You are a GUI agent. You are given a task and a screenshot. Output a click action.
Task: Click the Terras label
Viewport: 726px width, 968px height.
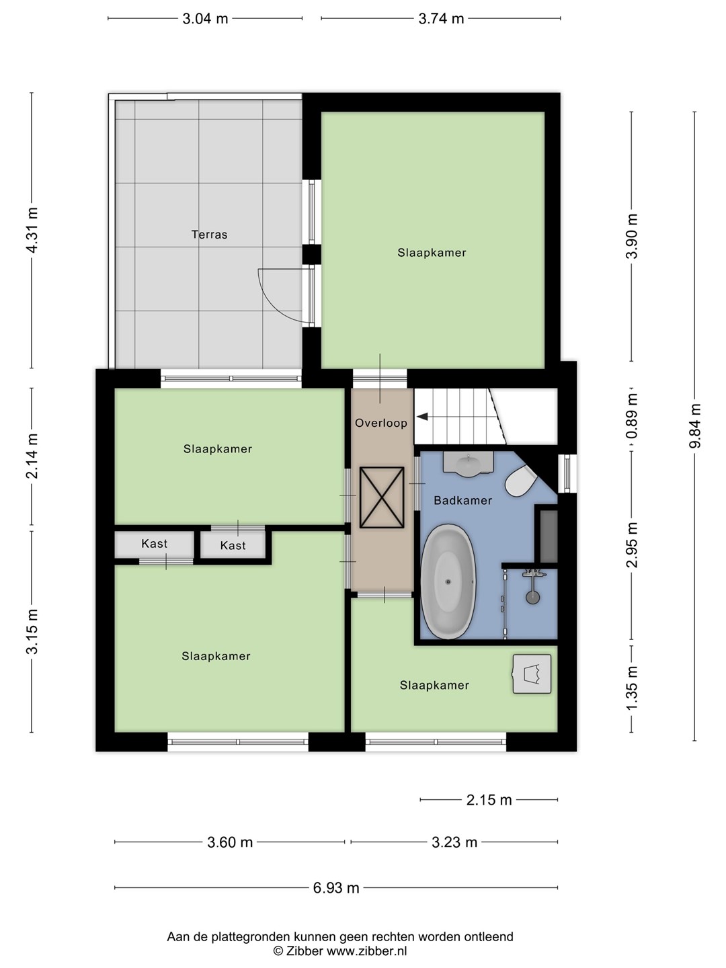pyautogui.click(x=209, y=234)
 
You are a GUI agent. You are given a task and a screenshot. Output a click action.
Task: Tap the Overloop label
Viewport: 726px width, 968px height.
pyautogui.click(x=381, y=423)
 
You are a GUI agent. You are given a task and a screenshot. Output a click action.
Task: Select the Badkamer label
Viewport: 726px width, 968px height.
pyautogui.click(x=463, y=500)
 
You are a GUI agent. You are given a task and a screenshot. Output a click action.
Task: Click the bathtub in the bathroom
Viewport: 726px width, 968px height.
pyautogui.click(x=448, y=581)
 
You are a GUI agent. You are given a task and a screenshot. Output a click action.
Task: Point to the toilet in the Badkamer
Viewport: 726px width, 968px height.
pyautogui.click(x=520, y=481)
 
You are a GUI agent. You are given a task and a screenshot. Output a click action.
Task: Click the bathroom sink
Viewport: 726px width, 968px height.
pyautogui.click(x=468, y=465)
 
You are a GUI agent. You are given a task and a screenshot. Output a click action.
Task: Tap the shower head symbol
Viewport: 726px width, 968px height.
pyautogui.click(x=533, y=597)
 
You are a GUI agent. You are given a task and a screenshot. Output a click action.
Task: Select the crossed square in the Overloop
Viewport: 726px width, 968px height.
pyautogui.click(x=382, y=497)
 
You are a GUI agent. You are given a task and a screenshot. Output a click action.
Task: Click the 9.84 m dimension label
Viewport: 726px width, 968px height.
pyautogui.click(x=694, y=426)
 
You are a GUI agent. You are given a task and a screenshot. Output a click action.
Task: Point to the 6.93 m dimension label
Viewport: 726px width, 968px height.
pyautogui.click(x=336, y=888)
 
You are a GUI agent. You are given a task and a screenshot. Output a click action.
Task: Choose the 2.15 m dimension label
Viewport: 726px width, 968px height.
pyautogui.click(x=489, y=799)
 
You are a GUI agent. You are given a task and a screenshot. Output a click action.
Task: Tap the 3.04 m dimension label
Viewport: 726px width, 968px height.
pyautogui.click(x=206, y=19)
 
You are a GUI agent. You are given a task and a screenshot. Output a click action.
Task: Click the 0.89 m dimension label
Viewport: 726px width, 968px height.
pyautogui.click(x=633, y=417)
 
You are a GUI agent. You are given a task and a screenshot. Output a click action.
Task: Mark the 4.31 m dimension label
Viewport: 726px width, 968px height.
pyautogui.click(x=32, y=230)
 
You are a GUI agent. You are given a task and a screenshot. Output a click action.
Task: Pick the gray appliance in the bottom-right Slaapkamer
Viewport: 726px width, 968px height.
pyautogui.click(x=532, y=674)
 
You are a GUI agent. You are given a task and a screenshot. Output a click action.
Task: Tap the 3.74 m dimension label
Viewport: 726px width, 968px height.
pyautogui.click(x=441, y=19)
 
